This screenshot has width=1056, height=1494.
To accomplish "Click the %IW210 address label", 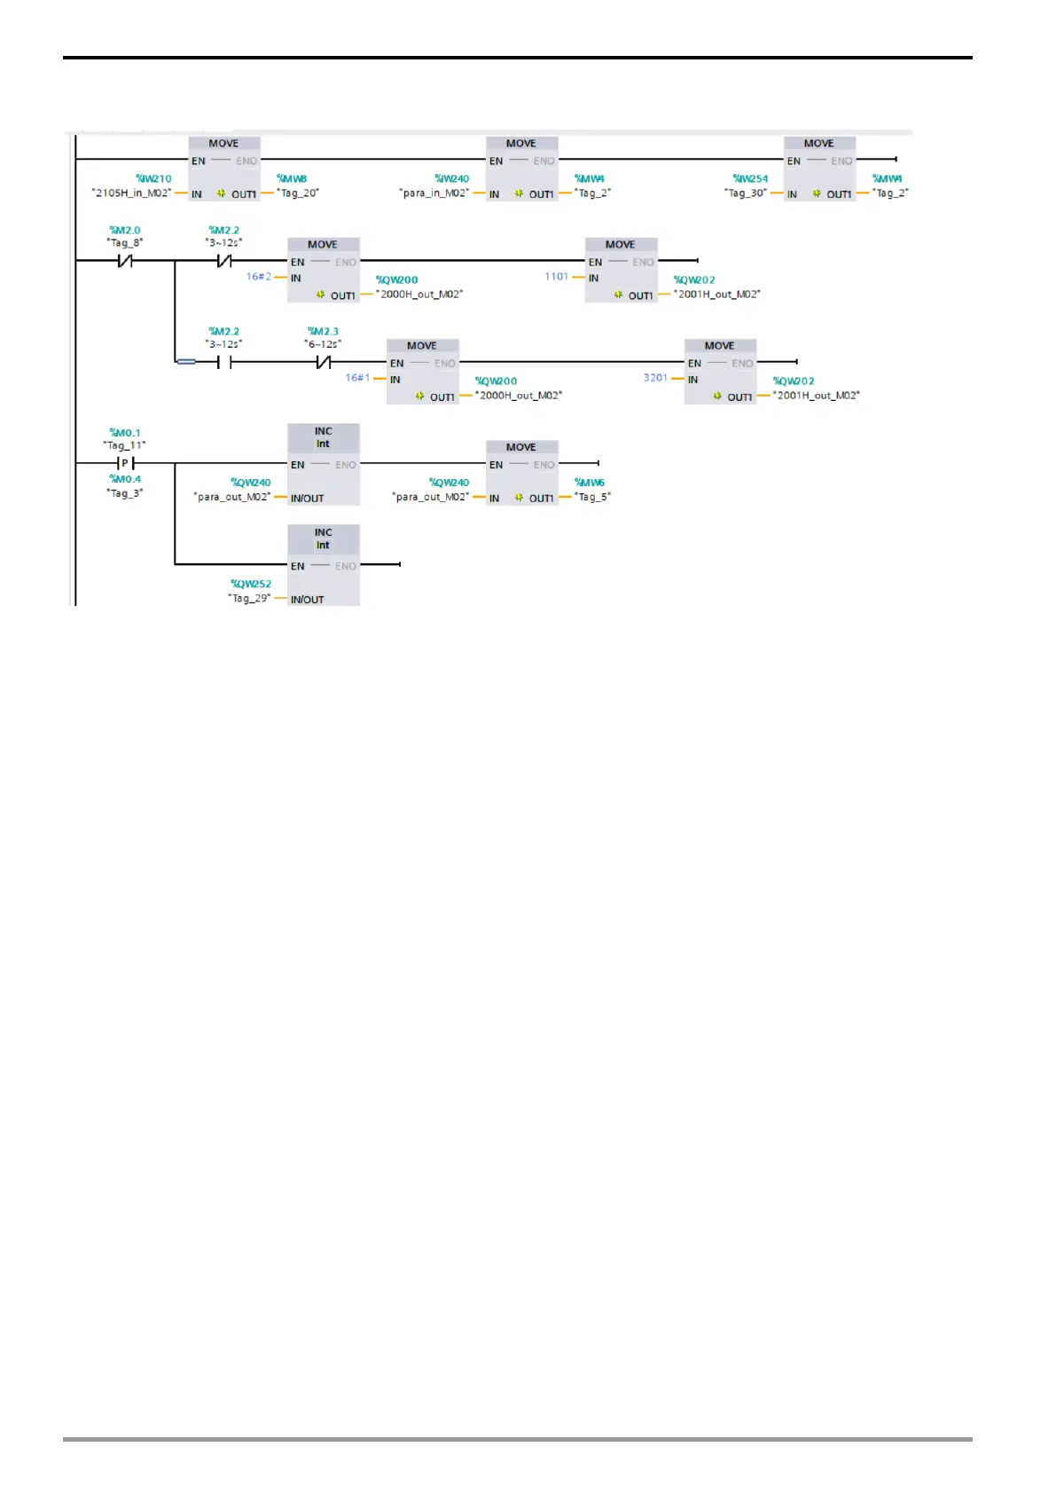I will pyautogui.click(x=153, y=178).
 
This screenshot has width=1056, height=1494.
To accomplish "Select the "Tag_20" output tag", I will pyautogui.click(x=298, y=193).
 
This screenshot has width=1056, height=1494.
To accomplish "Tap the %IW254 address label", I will pyautogui.click(x=750, y=178).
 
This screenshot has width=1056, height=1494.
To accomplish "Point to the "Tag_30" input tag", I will pyautogui.click(x=745, y=193).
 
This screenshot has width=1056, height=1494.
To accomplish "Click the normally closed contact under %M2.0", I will pyautogui.click(x=125, y=261).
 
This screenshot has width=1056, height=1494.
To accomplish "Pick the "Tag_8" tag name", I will pyautogui.click(x=125, y=242).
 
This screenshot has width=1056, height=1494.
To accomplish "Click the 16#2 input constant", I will pyautogui.click(x=259, y=277).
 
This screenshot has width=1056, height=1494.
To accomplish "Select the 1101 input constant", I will pyautogui.click(x=557, y=277).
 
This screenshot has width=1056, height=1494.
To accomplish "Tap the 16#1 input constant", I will pyautogui.click(x=357, y=378).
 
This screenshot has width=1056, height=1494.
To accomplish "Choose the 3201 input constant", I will pyautogui.click(x=655, y=378).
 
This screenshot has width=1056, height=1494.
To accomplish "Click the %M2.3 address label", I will pyautogui.click(x=323, y=331).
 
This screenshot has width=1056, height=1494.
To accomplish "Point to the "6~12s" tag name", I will pyautogui.click(x=323, y=343).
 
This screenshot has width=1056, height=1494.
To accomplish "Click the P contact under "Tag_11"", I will pyautogui.click(x=125, y=463).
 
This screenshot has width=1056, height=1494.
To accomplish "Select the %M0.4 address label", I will pyautogui.click(x=125, y=479).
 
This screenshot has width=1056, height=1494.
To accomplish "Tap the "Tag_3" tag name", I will pyautogui.click(x=125, y=492).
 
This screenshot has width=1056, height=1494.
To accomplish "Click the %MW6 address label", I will pyautogui.click(x=589, y=483).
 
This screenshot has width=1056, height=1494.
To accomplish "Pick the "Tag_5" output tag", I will pyautogui.click(x=592, y=497).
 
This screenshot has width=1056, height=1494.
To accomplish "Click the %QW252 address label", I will pyautogui.click(x=251, y=584).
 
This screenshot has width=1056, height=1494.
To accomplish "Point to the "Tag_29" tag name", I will pyautogui.click(x=249, y=598).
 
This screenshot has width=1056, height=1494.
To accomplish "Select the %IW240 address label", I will pyautogui.click(x=451, y=178).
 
